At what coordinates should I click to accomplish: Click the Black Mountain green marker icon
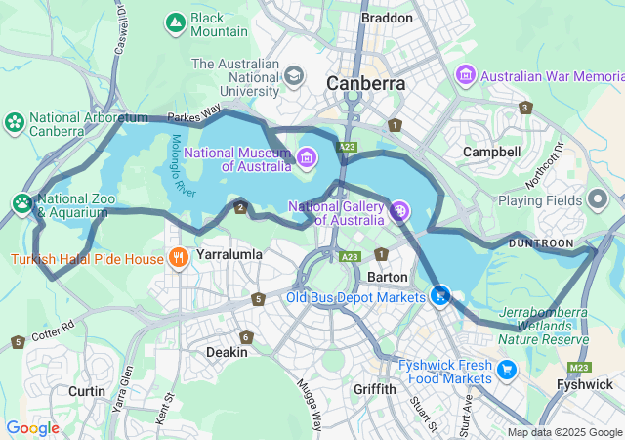click(176, 22)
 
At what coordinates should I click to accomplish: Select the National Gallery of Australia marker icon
click(398, 210)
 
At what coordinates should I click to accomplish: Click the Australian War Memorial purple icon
click(465, 74)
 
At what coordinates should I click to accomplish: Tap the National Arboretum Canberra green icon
click(15, 122)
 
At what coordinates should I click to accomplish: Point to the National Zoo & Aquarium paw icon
click(22, 202)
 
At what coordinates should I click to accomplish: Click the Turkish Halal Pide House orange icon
click(178, 258)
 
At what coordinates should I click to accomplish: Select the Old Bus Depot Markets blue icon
click(441, 294)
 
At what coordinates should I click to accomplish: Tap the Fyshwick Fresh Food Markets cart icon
click(506, 370)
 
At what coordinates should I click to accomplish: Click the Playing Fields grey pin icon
click(599, 199)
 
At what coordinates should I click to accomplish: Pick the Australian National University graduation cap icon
click(293, 75)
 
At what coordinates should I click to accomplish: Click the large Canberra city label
click(366, 83)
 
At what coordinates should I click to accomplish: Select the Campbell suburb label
click(491, 152)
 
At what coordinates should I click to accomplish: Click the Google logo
click(32, 428)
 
